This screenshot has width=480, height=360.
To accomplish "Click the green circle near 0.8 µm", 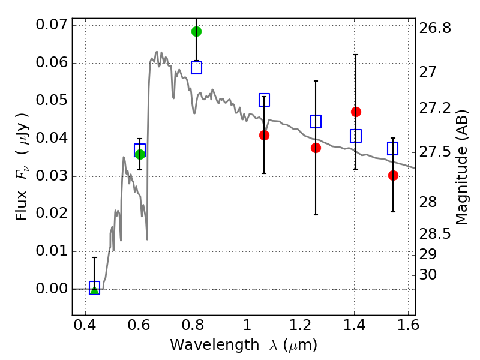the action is pyautogui.click(x=196, y=31).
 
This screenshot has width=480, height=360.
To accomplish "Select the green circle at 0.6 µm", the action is pyautogui.click(x=140, y=154).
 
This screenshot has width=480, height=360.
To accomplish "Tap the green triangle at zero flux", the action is pyautogui.click(x=95, y=289).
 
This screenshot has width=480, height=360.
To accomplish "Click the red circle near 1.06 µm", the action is pyautogui.click(x=264, y=136).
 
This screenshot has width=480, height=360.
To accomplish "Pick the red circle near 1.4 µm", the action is pyautogui.click(x=356, y=112).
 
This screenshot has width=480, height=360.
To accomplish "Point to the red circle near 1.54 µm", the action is pyautogui.click(x=394, y=175).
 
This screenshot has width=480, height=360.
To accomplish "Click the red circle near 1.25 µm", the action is pyautogui.click(x=316, y=148).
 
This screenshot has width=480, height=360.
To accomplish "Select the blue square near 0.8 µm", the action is pyautogui.click(x=197, y=68).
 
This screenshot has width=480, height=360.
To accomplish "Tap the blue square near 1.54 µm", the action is pyautogui.click(x=393, y=148).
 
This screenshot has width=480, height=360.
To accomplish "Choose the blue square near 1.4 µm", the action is pyautogui.click(x=356, y=136).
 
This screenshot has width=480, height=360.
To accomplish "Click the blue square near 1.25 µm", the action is pyautogui.click(x=316, y=122).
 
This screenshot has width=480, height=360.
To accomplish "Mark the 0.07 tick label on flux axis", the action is pyautogui.click(x=52, y=25).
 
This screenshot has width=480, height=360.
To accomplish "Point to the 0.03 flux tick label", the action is pyautogui.click(x=52, y=176).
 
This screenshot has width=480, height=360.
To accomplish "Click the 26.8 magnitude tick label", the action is pyautogui.click(x=435, y=28).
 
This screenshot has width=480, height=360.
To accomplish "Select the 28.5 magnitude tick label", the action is pyautogui.click(x=435, y=234).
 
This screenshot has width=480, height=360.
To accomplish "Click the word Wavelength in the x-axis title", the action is pyautogui.click(x=215, y=345).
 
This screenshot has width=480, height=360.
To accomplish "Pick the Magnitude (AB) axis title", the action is pyautogui.click(x=462, y=167).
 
